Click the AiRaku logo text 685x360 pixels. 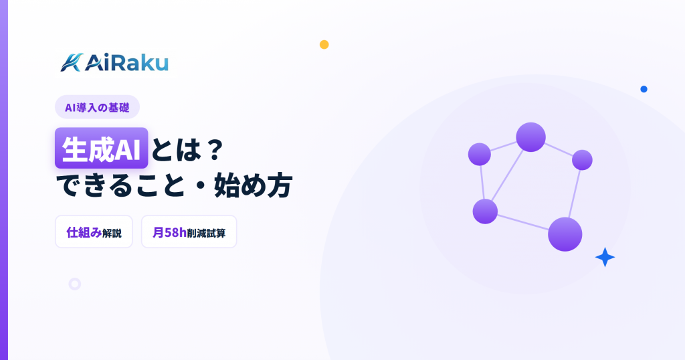(126, 62)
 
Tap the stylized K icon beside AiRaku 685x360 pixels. (72, 62)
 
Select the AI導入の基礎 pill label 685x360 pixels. (97, 107)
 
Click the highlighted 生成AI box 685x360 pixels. (102, 148)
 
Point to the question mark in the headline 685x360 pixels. (214, 150)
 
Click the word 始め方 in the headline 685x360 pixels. (253, 185)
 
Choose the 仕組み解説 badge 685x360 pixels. (94, 232)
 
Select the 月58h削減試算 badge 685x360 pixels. (189, 232)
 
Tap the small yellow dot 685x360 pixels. (324, 45)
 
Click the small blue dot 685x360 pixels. (644, 89)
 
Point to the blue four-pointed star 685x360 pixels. (605, 257)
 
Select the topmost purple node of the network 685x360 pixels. (530, 137)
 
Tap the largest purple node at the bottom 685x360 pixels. (565, 234)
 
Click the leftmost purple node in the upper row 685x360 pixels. (479, 154)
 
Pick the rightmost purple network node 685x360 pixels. (582, 160)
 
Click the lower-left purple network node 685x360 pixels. (485, 211)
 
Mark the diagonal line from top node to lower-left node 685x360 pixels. (508, 175)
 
